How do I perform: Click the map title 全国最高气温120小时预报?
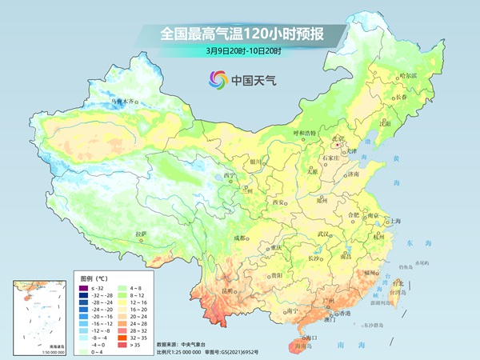240,34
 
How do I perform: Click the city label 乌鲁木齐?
125,102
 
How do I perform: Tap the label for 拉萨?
142,234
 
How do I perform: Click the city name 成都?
240,238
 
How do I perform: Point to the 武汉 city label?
323,234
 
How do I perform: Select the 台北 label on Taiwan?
398,282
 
